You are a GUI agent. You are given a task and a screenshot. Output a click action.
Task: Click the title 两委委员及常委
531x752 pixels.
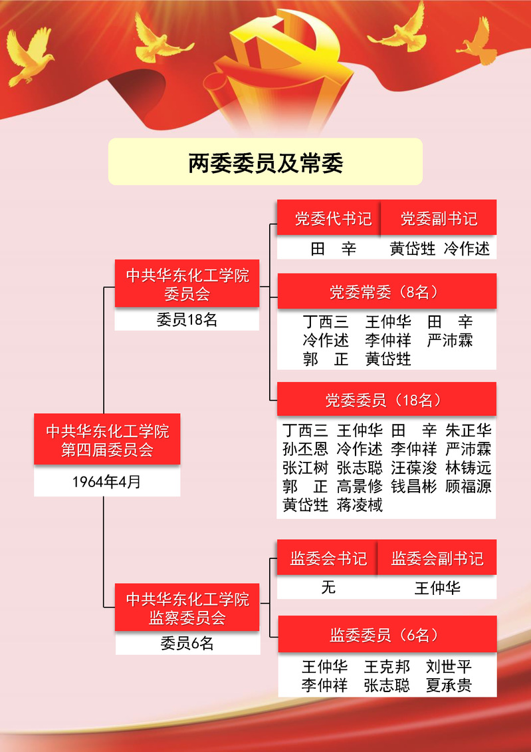[265, 162]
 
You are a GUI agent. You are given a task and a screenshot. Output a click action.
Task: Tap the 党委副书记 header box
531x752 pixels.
[439, 219]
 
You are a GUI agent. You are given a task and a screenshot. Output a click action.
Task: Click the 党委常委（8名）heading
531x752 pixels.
[386, 291]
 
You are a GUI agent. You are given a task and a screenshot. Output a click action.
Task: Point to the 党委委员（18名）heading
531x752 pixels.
[386, 400]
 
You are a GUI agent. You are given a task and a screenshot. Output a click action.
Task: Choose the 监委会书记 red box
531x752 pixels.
[328, 558]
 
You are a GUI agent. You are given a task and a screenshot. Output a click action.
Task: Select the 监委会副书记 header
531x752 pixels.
[437, 558]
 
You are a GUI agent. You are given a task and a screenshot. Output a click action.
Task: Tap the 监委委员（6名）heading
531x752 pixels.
[386, 635]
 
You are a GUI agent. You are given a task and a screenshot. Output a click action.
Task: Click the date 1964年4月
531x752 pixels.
[107, 482]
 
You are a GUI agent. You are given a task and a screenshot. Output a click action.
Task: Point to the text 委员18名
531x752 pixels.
[187, 319]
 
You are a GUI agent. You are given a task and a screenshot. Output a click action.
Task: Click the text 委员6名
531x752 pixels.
[187, 644]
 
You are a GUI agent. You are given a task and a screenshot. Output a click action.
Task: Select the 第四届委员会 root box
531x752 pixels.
[107, 440]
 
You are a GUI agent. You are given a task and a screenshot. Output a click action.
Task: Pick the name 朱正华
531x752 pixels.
[469, 429]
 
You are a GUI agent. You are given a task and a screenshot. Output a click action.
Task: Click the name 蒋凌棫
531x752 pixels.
[360, 505]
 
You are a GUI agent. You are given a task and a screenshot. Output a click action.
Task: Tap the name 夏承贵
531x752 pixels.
[449, 685]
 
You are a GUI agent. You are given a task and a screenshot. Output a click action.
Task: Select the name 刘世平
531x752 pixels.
[449, 666]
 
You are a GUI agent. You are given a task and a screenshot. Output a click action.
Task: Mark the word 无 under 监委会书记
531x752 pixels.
[328, 588]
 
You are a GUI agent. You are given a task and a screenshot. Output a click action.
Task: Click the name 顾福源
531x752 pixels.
[469, 486]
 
